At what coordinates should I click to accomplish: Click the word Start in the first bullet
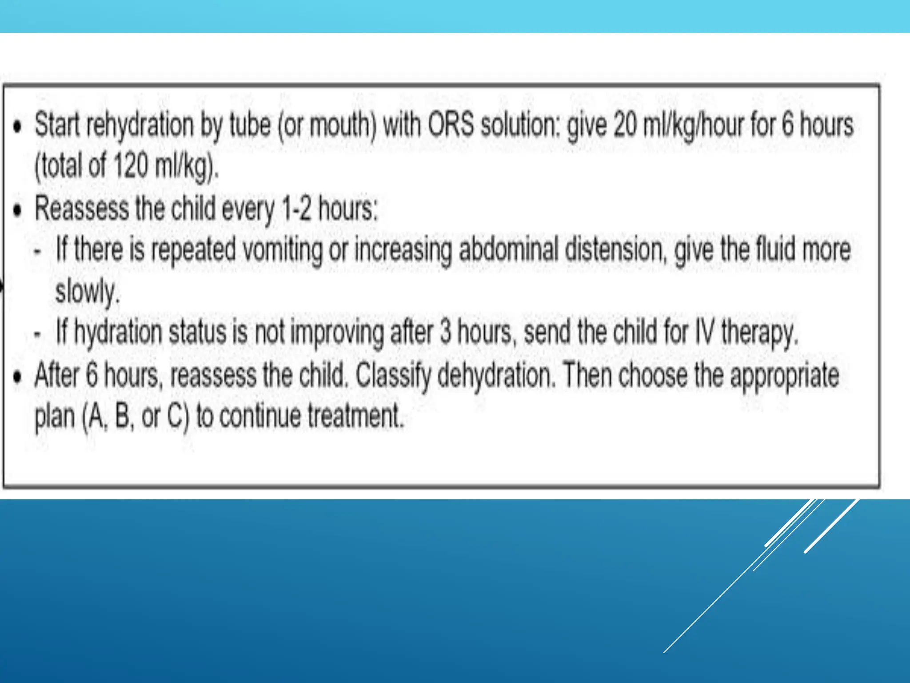coord(59,125)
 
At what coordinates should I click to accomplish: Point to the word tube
coord(250,125)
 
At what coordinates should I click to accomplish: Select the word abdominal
coord(508,250)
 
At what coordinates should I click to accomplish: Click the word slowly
coord(87,292)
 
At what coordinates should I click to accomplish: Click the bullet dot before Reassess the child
coord(17,209)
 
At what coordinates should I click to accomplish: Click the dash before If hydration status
coord(38,333)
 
